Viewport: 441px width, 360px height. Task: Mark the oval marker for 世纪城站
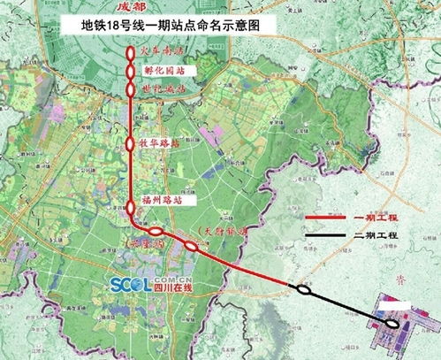point(132,89)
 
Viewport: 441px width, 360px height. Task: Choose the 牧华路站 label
point(164,142)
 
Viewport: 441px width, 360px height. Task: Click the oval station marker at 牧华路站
point(132,142)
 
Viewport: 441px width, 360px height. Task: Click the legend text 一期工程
point(378,215)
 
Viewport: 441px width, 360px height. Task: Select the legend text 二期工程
point(378,239)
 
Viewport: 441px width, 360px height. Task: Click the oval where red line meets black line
point(304,287)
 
